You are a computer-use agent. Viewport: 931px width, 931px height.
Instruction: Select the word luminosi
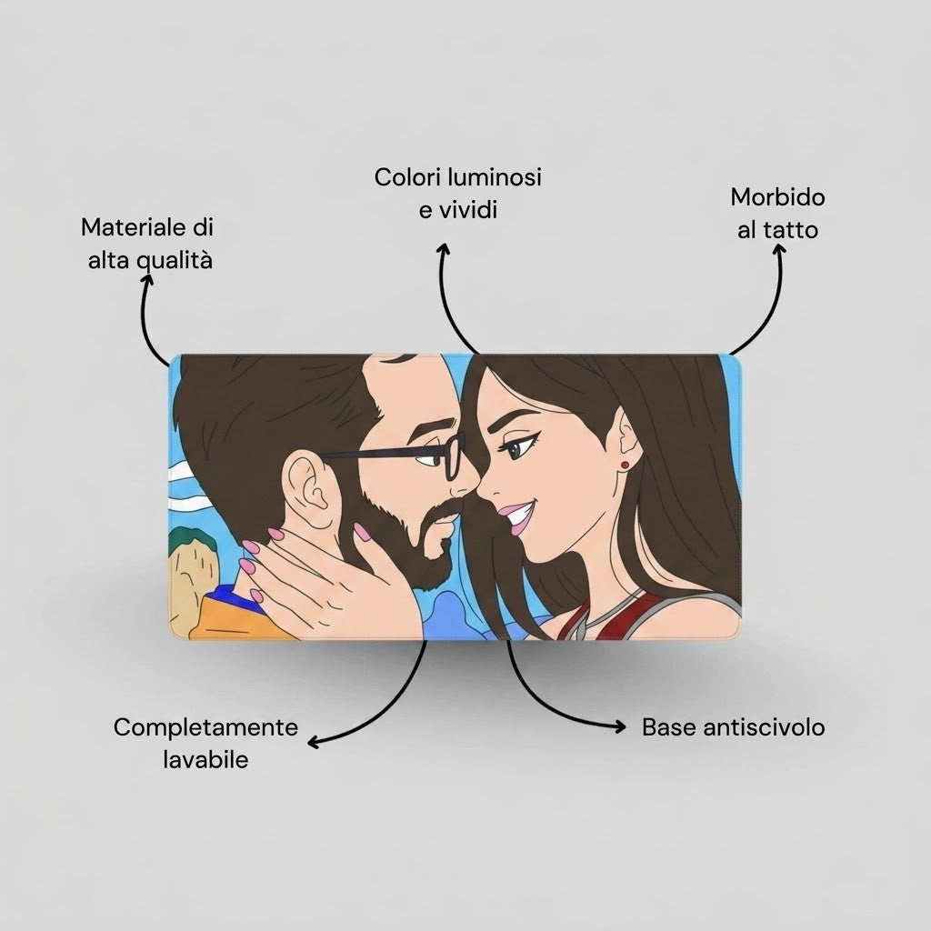494,177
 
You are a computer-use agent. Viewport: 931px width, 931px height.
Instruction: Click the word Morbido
778,197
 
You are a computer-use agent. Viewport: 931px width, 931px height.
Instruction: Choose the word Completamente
205,728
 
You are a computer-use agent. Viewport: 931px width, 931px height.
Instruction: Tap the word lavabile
205,760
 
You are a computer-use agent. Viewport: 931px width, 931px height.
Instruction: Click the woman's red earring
625,465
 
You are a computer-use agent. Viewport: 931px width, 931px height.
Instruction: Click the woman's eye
515,445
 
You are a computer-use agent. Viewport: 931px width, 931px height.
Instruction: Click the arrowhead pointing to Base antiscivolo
619,726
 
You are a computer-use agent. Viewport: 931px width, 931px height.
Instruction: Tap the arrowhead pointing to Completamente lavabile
314,741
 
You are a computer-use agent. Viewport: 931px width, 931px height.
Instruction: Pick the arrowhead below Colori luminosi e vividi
443,249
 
